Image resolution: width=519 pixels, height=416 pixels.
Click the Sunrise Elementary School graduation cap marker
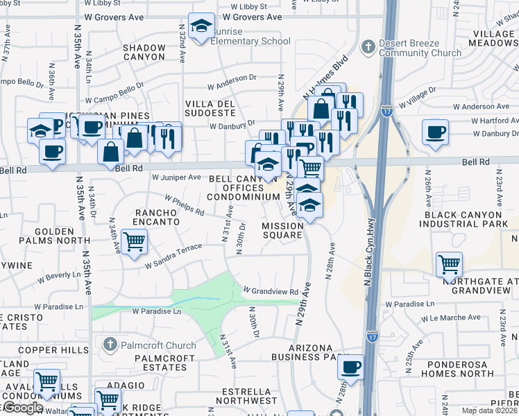(201, 26)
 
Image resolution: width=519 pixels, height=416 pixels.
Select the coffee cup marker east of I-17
(435, 132)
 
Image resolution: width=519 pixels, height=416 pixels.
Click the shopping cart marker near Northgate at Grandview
(449, 264)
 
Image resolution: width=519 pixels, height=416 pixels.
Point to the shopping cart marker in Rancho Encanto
(134, 242)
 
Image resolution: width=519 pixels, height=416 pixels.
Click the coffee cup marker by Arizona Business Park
(351, 366)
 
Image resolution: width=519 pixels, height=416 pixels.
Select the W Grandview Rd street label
(270, 291)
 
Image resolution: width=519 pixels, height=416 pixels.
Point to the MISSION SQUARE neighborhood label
(282, 230)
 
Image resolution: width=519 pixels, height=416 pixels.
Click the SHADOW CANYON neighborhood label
(144, 52)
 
